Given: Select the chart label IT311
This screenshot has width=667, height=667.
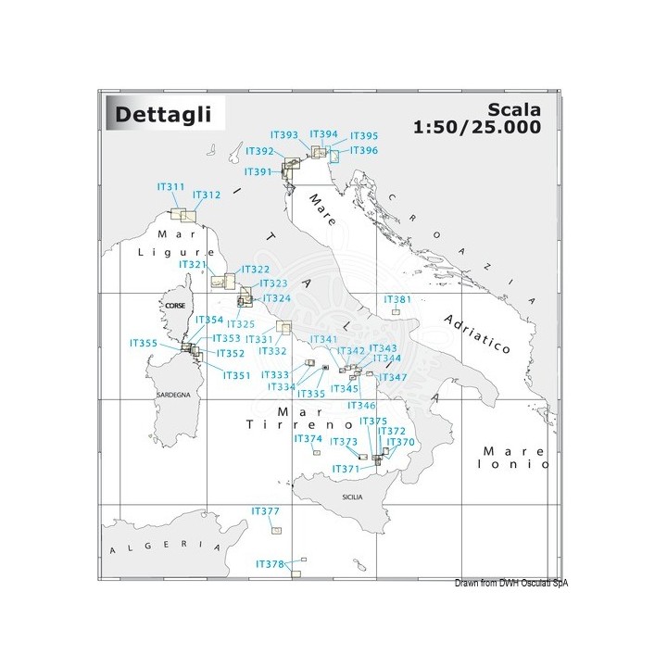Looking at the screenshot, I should [x=170, y=187].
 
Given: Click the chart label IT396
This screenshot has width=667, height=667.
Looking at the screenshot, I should [x=363, y=150].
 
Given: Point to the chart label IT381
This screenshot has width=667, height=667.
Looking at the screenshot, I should [x=396, y=299].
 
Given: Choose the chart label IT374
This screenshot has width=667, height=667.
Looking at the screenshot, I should [x=308, y=438].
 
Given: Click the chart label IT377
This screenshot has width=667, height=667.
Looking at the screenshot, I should [x=265, y=511].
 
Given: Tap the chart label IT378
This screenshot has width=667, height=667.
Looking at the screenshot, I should [x=269, y=563].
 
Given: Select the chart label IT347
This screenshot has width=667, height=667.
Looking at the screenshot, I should [x=393, y=377].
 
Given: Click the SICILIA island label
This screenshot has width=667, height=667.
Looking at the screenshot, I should [x=353, y=497].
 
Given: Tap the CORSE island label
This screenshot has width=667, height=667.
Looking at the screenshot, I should [x=175, y=305].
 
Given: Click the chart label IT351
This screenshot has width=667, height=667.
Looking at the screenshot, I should [x=237, y=375].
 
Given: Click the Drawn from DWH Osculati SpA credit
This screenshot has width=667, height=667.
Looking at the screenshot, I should [x=510, y=583].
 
